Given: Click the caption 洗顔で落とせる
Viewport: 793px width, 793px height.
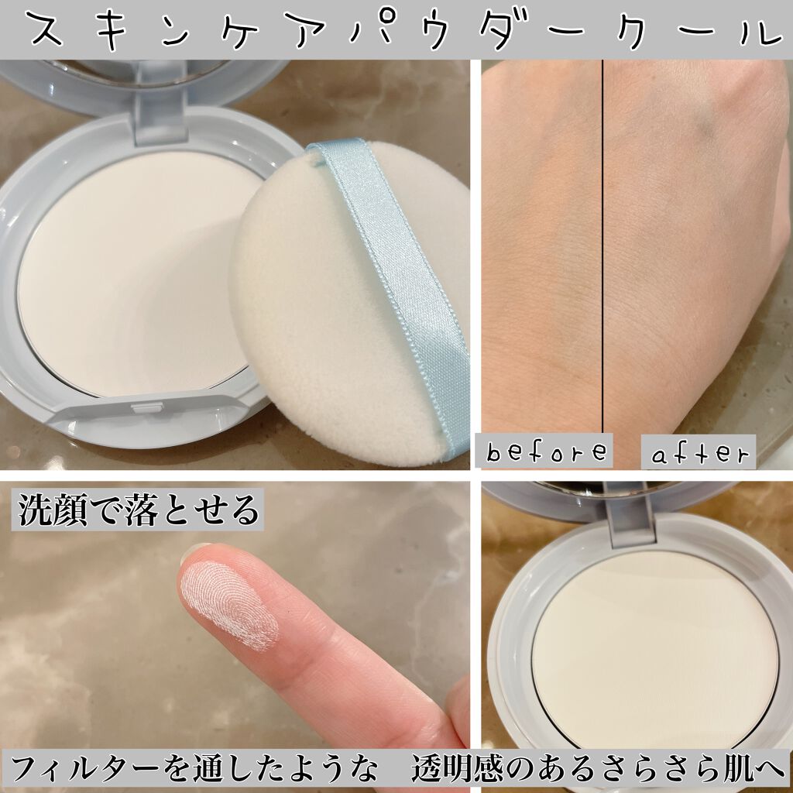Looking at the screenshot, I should (x=139, y=511).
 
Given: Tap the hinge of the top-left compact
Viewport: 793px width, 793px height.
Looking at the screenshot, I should (x=161, y=116).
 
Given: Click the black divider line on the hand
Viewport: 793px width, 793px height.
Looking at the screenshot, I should (x=602, y=232).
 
